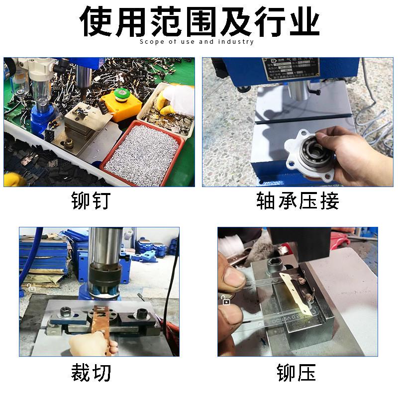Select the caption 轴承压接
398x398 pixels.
pos(298,201)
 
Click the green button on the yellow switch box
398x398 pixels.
pos(121,95)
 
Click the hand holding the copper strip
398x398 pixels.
pos(92,344)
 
